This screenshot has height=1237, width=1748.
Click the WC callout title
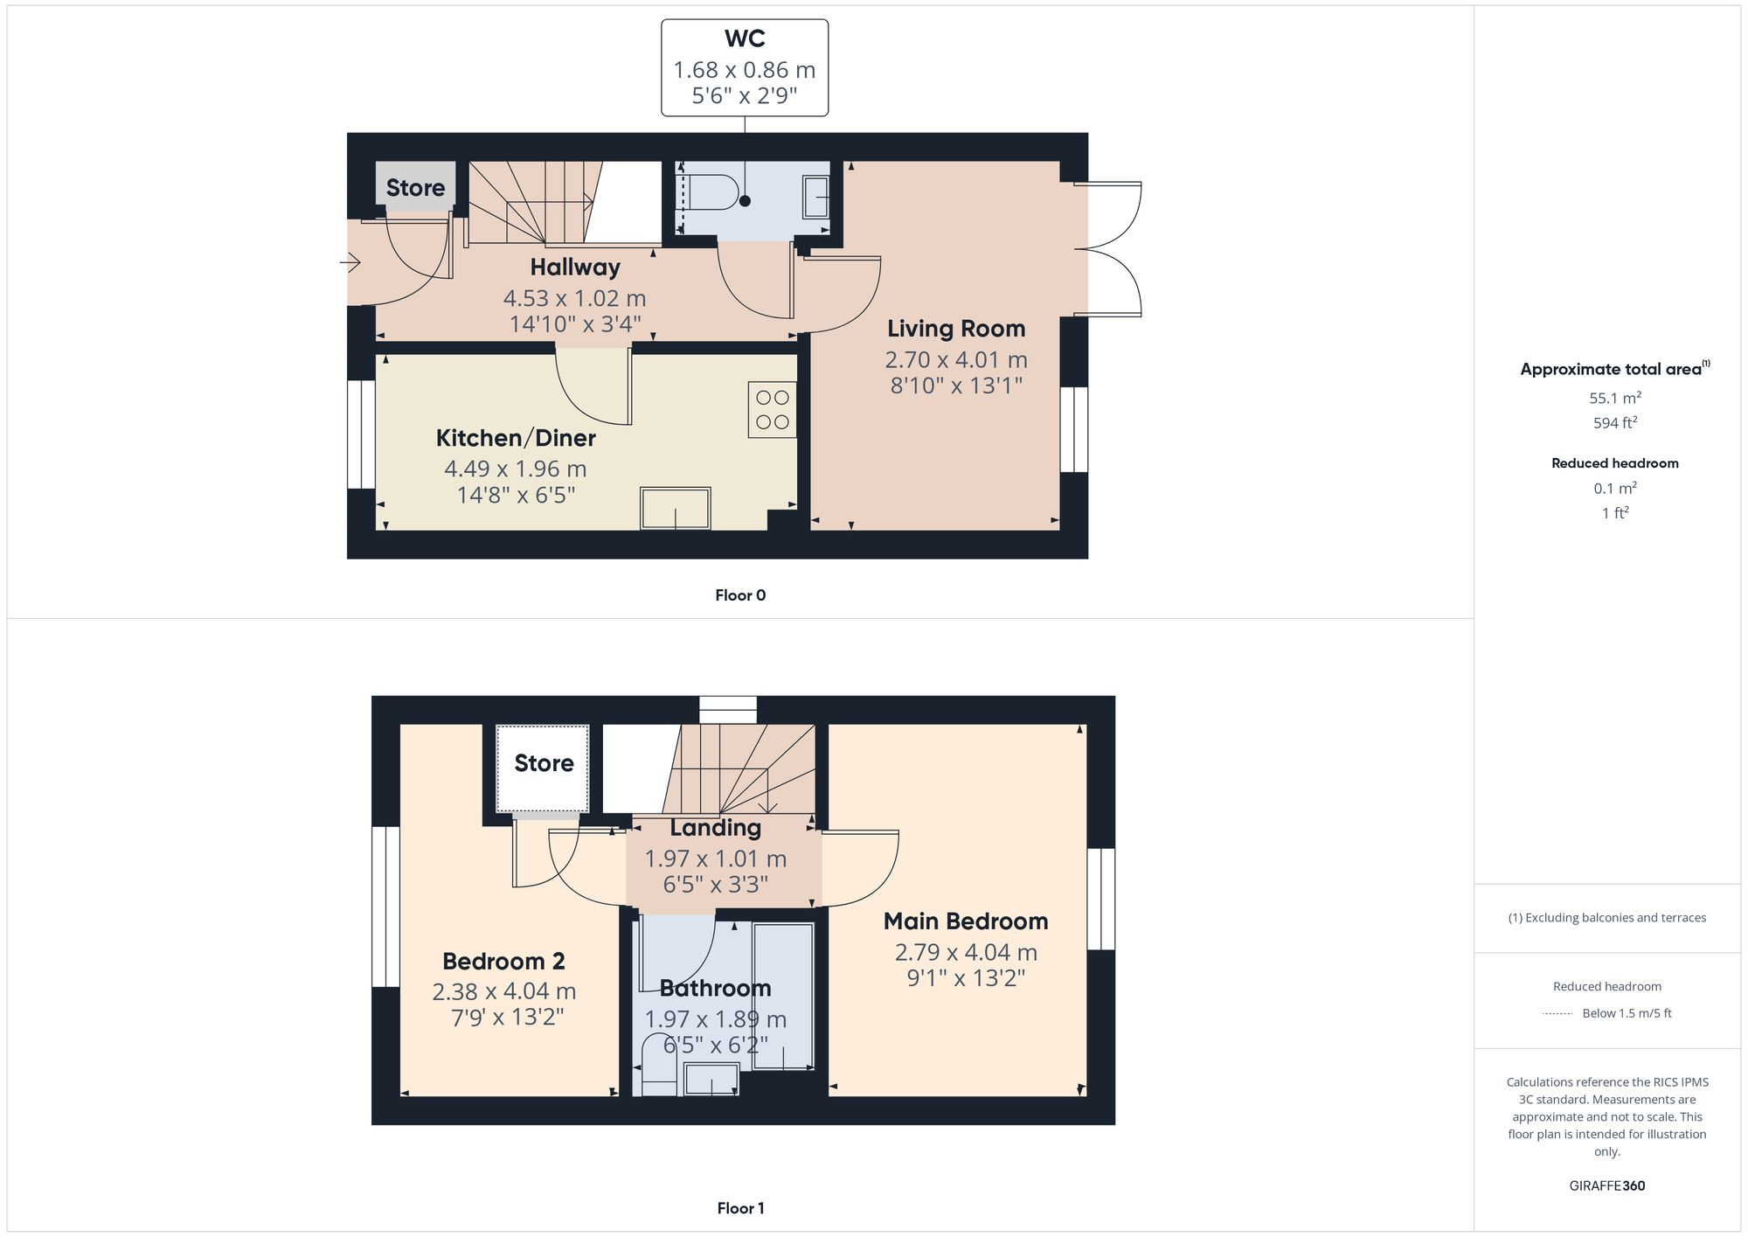click(x=745, y=39)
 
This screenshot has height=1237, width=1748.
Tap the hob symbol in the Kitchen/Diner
click(x=772, y=409)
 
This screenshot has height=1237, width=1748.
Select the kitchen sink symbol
click(x=675, y=508)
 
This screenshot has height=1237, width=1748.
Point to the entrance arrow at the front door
click(x=351, y=261)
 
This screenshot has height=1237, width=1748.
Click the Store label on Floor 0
click(x=415, y=188)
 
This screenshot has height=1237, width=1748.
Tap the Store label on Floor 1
click(x=544, y=763)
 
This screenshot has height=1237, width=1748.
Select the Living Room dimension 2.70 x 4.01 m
click(x=956, y=359)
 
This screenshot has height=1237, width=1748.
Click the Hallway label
click(x=575, y=267)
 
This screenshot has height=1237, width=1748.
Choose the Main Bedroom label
click(x=965, y=921)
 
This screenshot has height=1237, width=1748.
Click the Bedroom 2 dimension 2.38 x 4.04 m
click(x=503, y=991)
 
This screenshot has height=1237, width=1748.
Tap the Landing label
click(x=715, y=827)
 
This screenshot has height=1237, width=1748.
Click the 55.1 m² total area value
click(x=1614, y=398)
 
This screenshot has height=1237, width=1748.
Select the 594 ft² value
click(x=1614, y=423)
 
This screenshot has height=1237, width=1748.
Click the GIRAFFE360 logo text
click(x=1606, y=1186)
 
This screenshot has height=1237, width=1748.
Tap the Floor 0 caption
click(x=740, y=595)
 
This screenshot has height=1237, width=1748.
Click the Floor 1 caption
click(x=740, y=1208)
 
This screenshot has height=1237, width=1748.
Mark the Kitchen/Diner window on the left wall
click(x=361, y=434)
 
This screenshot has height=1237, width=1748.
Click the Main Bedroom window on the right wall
click(x=1101, y=899)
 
